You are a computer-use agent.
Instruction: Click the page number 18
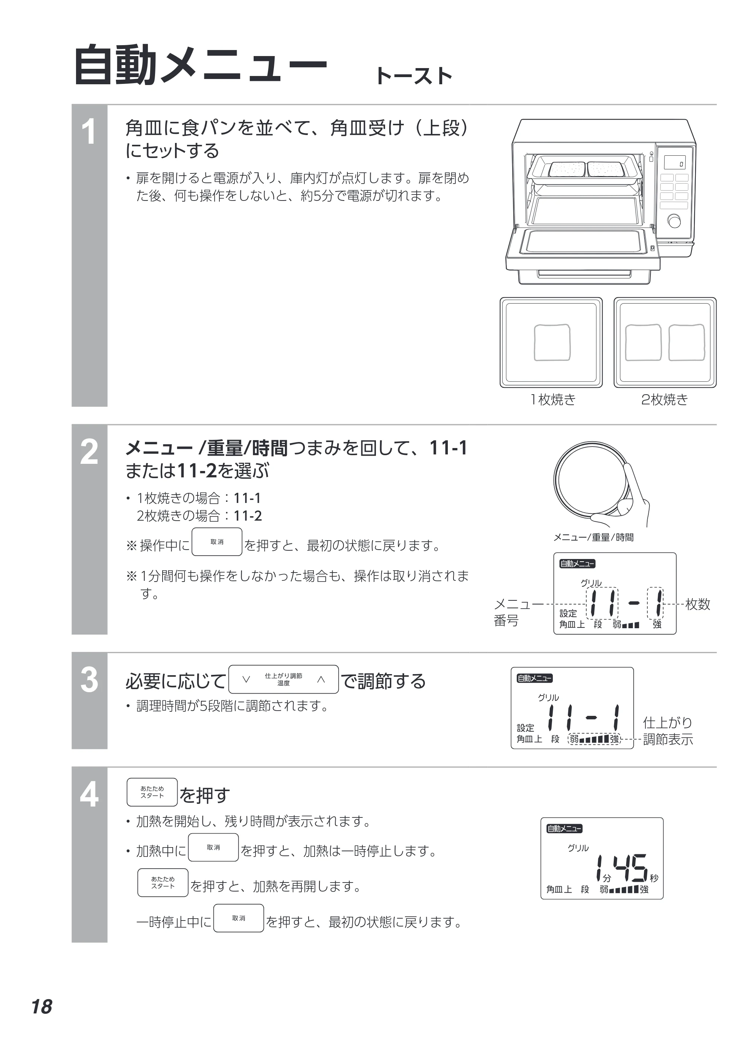tap(42, 1007)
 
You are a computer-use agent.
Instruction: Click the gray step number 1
tap(89, 132)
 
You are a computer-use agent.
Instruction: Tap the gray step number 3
tap(89, 680)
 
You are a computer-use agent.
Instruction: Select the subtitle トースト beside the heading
tap(414, 76)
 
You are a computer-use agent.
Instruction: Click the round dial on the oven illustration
tap(675, 221)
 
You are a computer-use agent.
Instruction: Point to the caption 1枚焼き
tap(552, 399)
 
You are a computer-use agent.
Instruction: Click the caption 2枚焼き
tap(665, 399)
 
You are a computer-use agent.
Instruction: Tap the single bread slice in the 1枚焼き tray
tap(552, 343)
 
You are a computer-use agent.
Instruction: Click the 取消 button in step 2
tap(217, 542)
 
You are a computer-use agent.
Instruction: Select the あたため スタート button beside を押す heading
tap(152, 792)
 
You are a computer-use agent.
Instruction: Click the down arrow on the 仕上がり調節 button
tap(246, 679)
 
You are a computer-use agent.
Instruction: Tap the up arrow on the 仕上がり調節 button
tap(321, 679)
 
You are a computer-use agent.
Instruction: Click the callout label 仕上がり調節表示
tap(668, 731)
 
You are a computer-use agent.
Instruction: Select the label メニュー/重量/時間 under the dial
tap(593, 537)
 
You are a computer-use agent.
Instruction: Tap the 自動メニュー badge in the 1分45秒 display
tap(564, 828)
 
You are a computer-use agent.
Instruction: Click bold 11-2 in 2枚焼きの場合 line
tap(248, 516)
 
